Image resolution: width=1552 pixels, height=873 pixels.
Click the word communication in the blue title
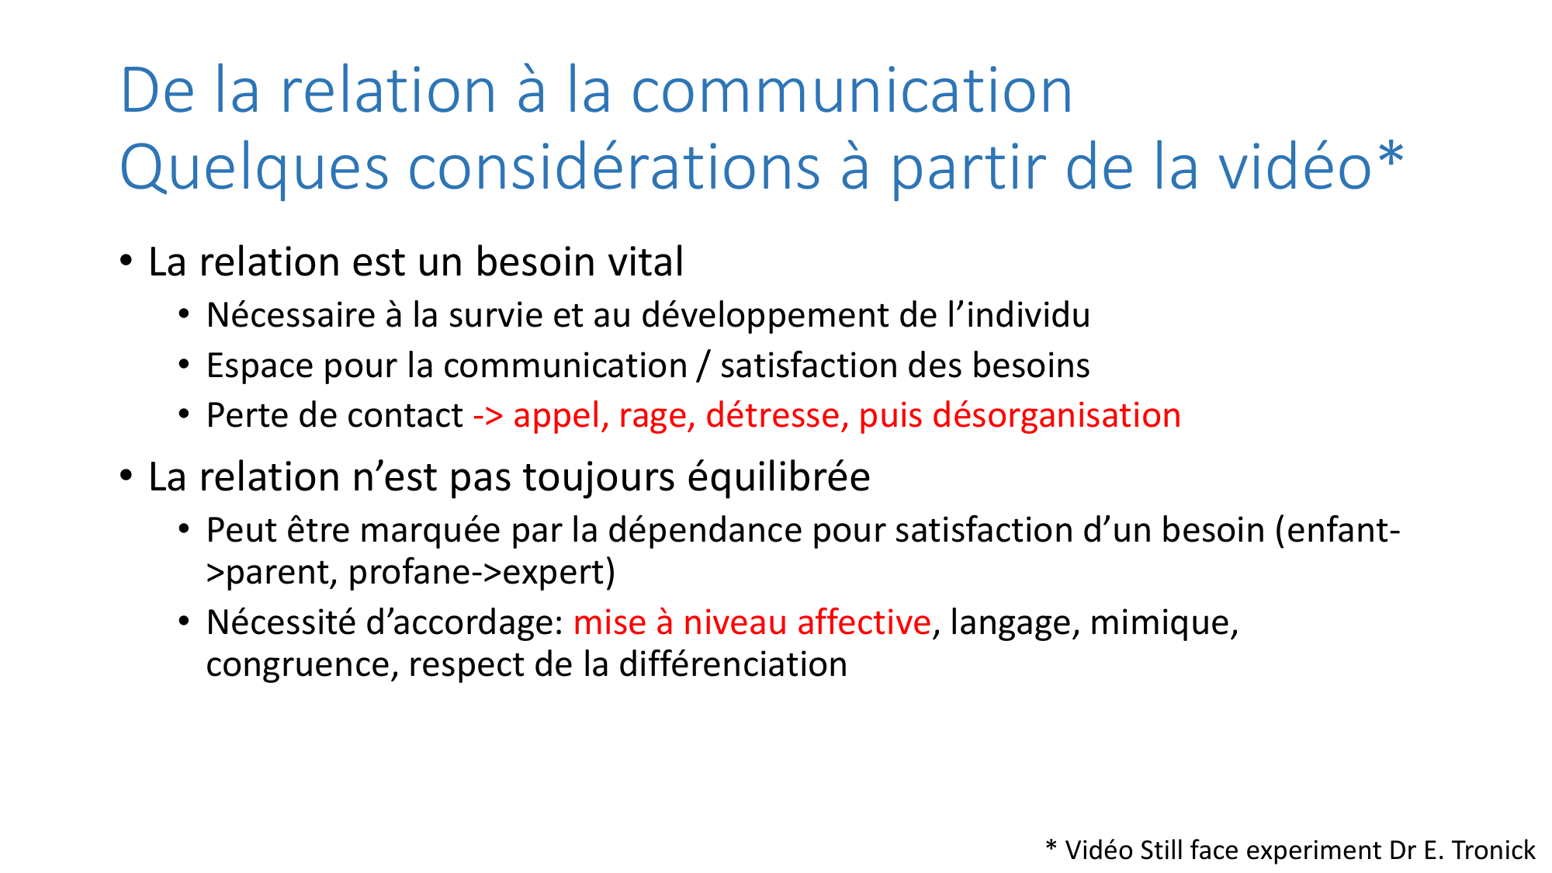(x=851, y=92)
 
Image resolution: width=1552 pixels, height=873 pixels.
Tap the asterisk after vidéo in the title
(x=1391, y=155)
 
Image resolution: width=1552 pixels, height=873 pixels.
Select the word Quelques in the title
(x=254, y=169)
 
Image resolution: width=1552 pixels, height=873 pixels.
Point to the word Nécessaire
(x=291, y=316)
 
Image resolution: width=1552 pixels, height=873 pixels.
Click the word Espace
(x=259, y=366)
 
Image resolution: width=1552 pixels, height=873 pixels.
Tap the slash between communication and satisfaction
(x=704, y=366)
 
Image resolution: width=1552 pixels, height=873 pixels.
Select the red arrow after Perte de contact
(x=488, y=416)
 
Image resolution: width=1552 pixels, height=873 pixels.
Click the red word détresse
(x=773, y=416)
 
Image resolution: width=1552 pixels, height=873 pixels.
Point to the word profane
(x=410, y=573)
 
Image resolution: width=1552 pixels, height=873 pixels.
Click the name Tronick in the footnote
(x=1493, y=850)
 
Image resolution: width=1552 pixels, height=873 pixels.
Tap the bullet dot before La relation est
(x=126, y=260)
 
